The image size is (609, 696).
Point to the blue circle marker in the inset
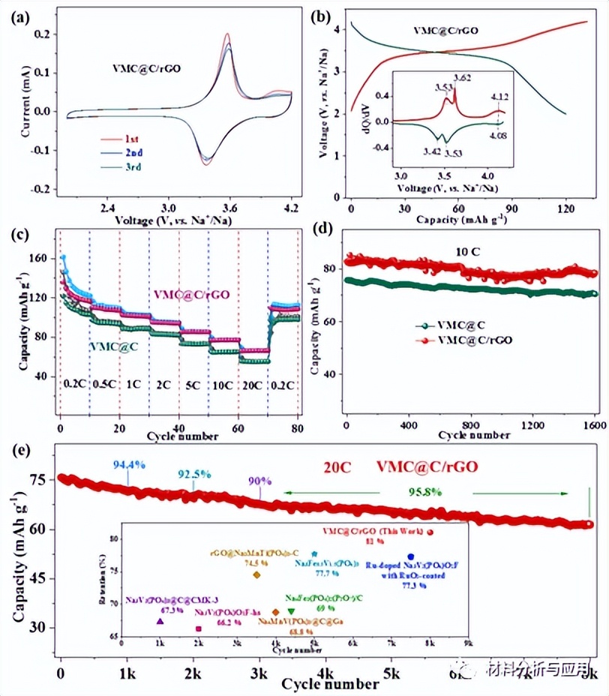410,556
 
